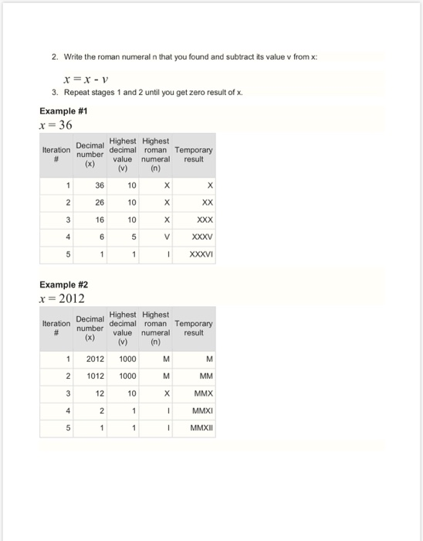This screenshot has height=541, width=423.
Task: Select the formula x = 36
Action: point(55,124)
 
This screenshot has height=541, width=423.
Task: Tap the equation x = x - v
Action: point(91,77)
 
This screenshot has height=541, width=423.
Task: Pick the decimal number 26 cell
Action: point(99,202)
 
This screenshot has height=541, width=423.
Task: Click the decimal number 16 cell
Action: point(99,219)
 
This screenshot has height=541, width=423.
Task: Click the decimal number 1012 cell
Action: point(94,376)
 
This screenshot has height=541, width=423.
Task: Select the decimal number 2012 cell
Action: point(94,359)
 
